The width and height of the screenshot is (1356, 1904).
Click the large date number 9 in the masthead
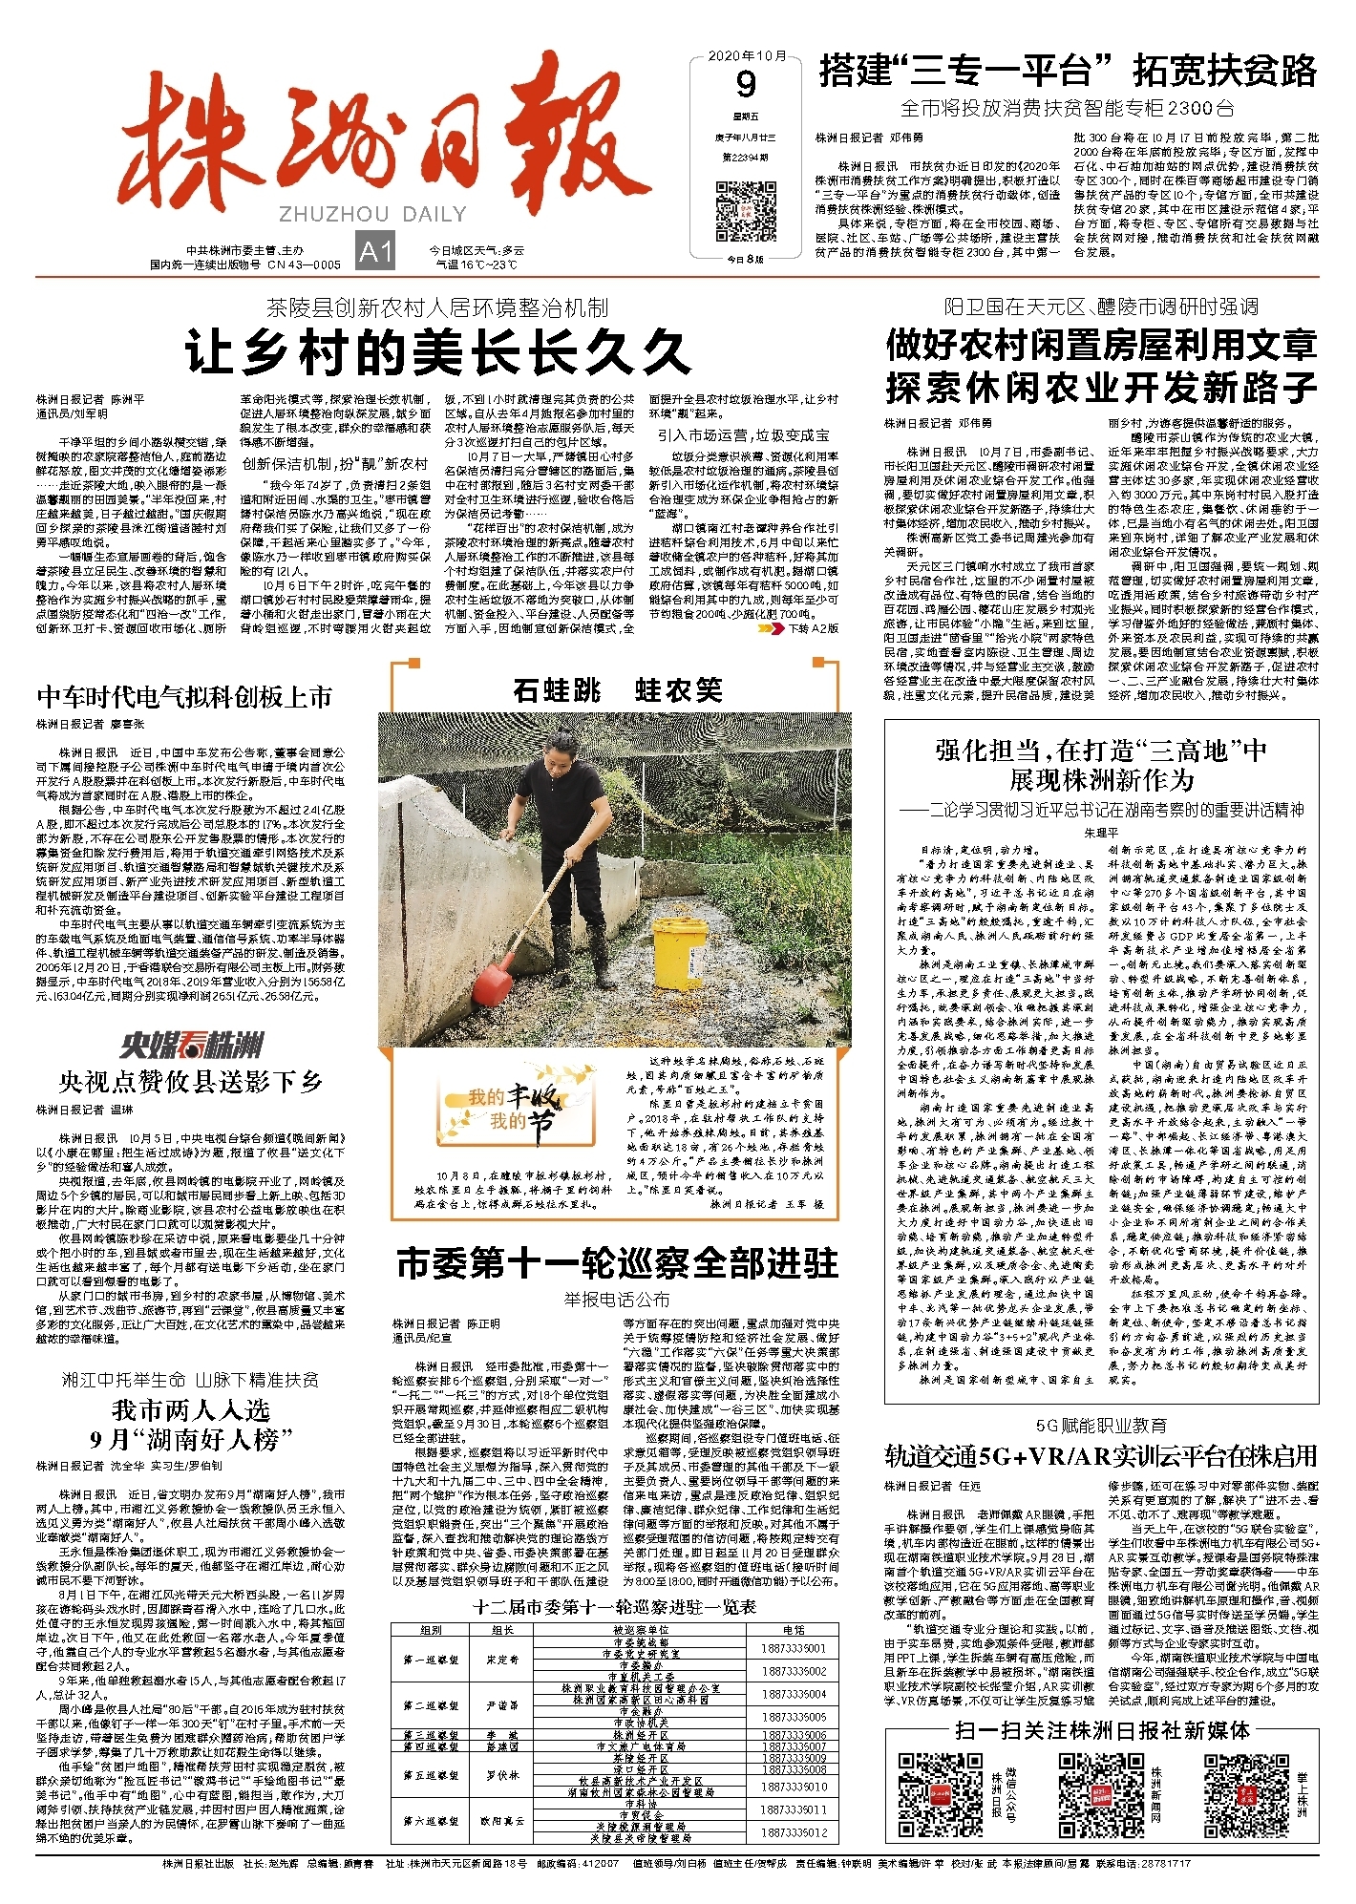pos(746,85)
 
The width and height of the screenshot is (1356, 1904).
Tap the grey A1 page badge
pos(375,251)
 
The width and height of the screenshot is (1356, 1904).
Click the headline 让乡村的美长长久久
pos(437,351)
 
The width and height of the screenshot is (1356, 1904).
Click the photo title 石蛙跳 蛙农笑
pos(617,689)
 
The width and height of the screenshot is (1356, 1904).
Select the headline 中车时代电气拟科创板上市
pos(184,696)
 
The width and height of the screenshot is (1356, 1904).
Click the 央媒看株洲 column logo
pos(192,1045)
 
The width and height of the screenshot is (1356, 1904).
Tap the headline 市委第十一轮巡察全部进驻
pos(617,1263)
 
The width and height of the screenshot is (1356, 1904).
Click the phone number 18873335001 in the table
pos(794,1648)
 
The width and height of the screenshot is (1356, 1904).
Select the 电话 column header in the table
pos(794,1630)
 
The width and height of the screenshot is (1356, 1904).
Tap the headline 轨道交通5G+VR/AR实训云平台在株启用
pos(1101,1456)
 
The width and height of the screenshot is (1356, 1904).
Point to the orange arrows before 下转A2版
pos(770,628)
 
